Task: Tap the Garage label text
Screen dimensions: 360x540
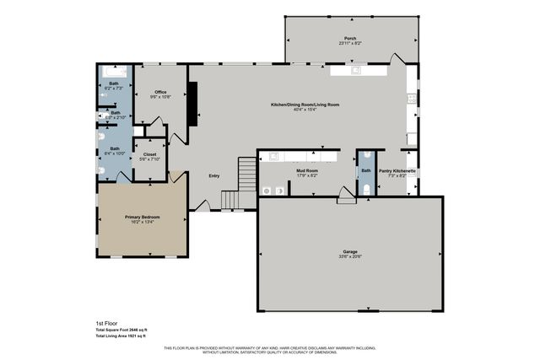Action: (x=349, y=251)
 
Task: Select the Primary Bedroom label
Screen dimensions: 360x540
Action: (x=143, y=217)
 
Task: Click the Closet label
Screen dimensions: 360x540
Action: (x=149, y=154)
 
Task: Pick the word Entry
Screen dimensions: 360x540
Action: (x=214, y=175)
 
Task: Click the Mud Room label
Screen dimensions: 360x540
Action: (x=306, y=171)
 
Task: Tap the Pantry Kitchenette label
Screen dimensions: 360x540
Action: (x=397, y=171)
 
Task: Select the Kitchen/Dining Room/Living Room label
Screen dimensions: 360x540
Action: (x=305, y=104)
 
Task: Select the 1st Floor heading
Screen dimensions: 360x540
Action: (x=106, y=323)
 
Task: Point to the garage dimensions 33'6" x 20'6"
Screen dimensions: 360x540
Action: (x=349, y=256)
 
